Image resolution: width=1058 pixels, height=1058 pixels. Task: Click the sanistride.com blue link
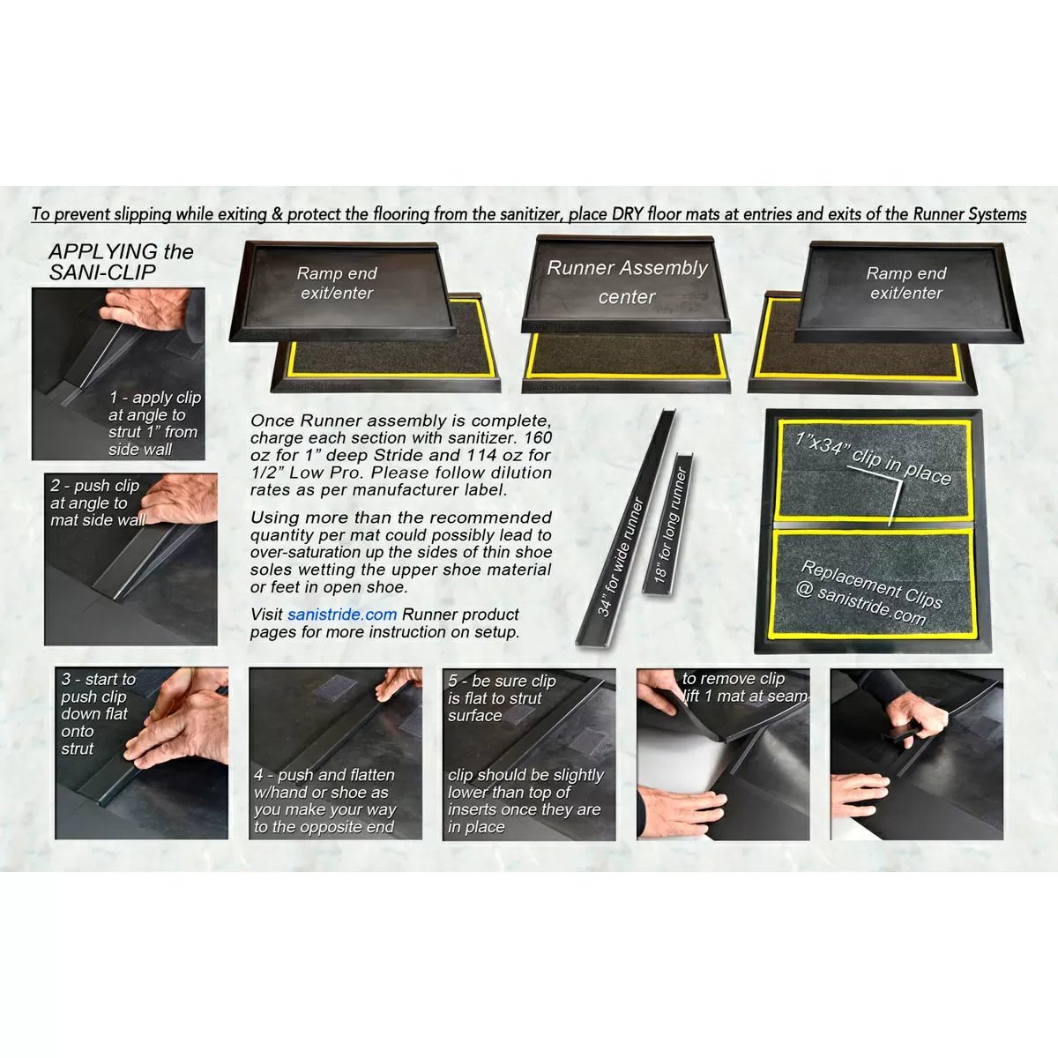coord(342,615)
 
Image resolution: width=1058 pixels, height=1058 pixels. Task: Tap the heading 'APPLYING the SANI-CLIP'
coord(121,262)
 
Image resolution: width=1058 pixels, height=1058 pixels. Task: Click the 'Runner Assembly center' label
coord(627,281)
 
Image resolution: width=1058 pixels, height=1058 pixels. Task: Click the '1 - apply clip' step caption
coord(154,423)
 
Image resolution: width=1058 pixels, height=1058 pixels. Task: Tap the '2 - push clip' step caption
coord(97,503)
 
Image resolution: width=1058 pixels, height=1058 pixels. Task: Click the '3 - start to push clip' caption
coord(97,713)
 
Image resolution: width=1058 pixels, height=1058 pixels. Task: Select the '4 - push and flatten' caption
coord(324,801)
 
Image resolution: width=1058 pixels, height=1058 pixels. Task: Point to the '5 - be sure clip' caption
coord(501,698)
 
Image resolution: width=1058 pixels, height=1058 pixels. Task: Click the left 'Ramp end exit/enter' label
coord(337,283)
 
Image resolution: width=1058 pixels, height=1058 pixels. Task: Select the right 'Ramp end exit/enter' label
coord(906,283)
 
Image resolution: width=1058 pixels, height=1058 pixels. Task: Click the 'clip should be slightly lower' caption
coord(525,801)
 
